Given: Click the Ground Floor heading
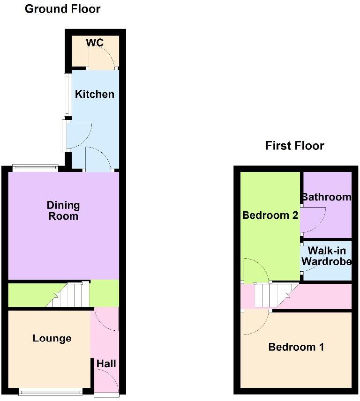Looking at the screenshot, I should (x=62, y=9).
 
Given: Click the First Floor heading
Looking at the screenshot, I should (x=294, y=146).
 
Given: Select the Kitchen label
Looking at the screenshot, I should (x=95, y=94).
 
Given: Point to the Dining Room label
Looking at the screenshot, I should (x=63, y=211).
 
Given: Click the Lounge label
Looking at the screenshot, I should (x=52, y=338).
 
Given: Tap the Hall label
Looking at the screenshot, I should (x=106, y=364).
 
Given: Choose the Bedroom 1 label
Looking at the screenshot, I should (x=296, y=347).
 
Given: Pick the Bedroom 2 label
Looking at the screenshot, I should (x=270, y=215).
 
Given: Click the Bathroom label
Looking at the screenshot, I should (x=326, y=197).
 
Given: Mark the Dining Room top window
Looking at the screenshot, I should (x=35, y=167).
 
